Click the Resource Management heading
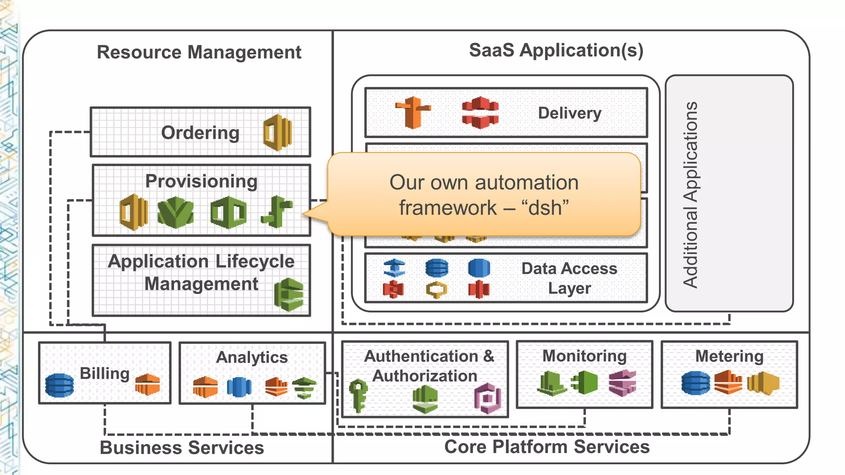point(199,52)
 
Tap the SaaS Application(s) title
point(556,50)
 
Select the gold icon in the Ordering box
point(278,133)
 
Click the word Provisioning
point(201,181)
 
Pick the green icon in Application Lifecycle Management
point(289,294)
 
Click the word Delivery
point(569,113)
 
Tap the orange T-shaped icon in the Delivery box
point(413,112)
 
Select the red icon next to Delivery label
point(480,112)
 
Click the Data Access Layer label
point(569,278)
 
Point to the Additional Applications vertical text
point(690,195)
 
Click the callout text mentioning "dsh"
point(484,195)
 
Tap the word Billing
point(104,374)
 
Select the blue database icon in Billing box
point(59,385)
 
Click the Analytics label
point(252,357)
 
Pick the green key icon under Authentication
point(358,395)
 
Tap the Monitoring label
point(584,356)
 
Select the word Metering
point(729,356)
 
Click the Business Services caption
point(182,448)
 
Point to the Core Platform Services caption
point(547,447)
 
